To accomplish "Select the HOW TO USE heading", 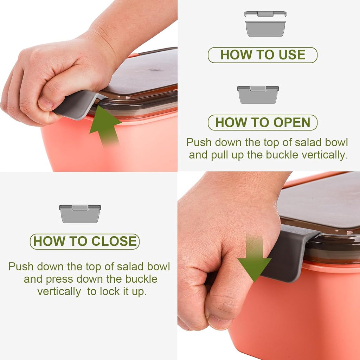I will pyautogui.click(x=263, y=55).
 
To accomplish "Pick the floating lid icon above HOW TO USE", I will pyautogui.click(x=265, y=14).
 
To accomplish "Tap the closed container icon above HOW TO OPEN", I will pyautogui.click(x=258, y=94).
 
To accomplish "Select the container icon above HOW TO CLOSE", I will pyautogui.click(x=80, y=213).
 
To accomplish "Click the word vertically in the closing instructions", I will pyautogui.click(x=59, y=292).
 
